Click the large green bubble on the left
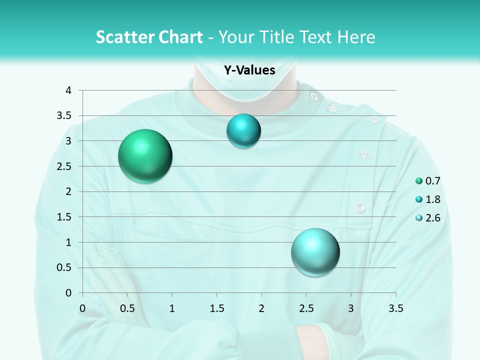coord(145,156)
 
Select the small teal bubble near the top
coord(243,131)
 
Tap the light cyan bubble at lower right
coord(315,252)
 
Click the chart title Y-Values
coord(249,70)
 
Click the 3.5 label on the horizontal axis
coord(395,308)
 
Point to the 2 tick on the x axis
coord(261,308)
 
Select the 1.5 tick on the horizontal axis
coord(216,308)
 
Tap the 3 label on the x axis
coord(351,308)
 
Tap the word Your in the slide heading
coord(237,37)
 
